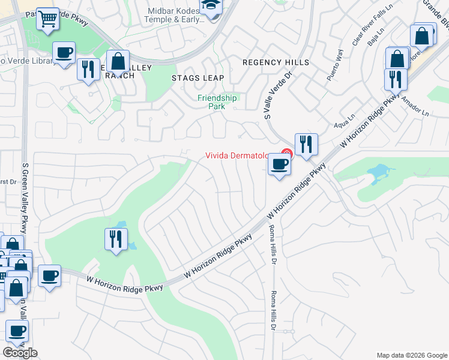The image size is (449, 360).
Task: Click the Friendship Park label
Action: pos(217,101)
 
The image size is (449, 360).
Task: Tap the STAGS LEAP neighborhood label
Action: pos(197,78)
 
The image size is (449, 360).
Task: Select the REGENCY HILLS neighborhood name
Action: pos(276,62)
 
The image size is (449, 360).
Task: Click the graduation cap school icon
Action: pos(211,7)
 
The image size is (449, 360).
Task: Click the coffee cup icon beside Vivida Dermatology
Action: pos(279,164)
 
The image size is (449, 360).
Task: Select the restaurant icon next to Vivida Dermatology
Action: pos(306,144)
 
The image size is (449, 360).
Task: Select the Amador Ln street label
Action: pos(415,106)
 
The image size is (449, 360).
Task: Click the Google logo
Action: pos(20,353)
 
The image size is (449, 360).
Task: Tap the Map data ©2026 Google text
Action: pos(412,355)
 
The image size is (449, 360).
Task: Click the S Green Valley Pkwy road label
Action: pos(25,198)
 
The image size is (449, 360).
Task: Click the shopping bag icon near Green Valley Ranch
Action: pos(119,61)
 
